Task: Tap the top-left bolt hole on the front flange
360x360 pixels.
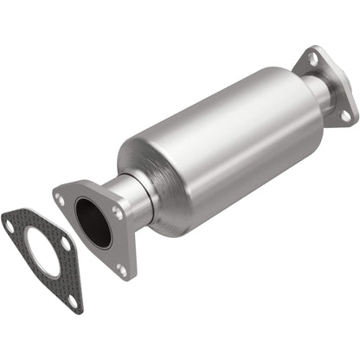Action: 61,199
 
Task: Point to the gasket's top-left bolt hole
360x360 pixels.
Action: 9,227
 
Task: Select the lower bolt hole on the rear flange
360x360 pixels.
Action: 344,113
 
